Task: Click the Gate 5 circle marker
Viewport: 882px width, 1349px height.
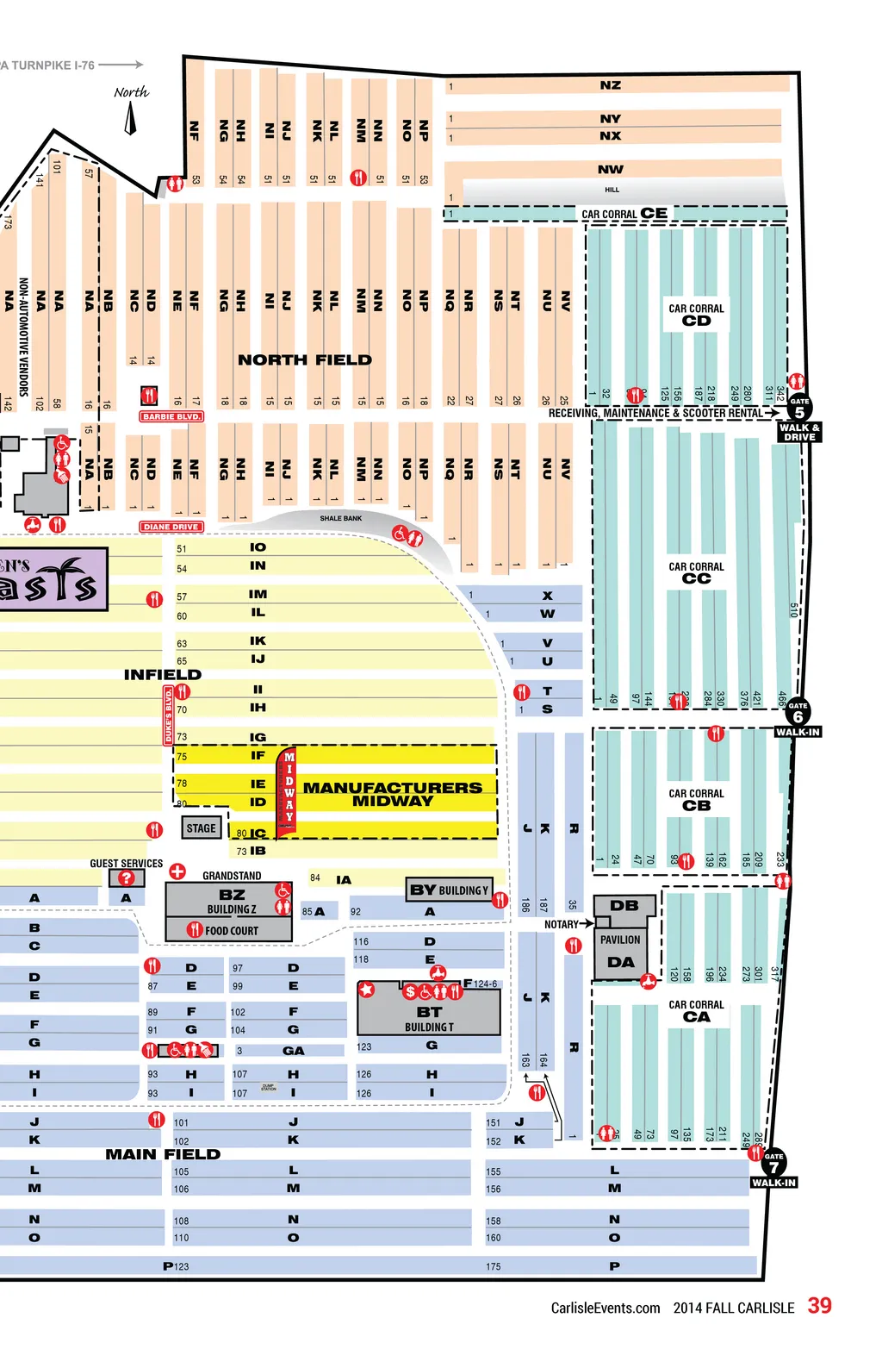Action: [799, 408]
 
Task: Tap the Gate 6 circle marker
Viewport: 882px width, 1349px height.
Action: [798, 713]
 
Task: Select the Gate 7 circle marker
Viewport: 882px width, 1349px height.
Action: [773, 1164]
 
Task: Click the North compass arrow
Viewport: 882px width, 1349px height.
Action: [130, 119]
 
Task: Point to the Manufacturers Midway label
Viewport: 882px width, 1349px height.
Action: [392, 794]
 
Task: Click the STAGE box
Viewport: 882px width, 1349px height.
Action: [201, 828]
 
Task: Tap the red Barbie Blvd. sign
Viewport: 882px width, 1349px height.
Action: [171, 416]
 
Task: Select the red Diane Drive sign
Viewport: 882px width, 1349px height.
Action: [171, 527]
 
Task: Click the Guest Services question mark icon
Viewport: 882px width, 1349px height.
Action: [127, 878]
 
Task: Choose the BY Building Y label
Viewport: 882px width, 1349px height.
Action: [449, 890]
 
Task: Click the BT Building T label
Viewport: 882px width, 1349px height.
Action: [429, 1018]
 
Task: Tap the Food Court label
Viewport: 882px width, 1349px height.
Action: [231, 931]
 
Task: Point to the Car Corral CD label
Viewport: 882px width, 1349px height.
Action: [696, 315]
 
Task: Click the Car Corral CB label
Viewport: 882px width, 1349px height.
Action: [696, 800]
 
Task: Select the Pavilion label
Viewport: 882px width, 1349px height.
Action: [620, 940]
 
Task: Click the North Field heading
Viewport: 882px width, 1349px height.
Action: [305, 359]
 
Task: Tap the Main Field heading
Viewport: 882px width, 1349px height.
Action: [163, 1154]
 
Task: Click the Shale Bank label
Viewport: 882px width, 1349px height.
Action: [341, 518]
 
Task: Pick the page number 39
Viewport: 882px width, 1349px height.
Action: [819, 1306]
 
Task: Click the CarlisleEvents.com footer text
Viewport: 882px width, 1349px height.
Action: [606, 1308]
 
